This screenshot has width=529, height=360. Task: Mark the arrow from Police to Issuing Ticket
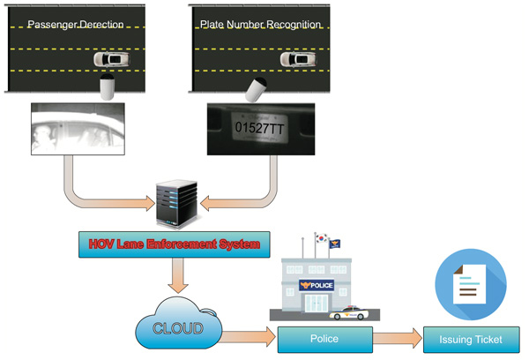[398, 337]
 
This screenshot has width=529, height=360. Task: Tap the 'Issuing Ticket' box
[472, 338]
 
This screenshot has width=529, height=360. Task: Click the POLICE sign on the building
[318, 285]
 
